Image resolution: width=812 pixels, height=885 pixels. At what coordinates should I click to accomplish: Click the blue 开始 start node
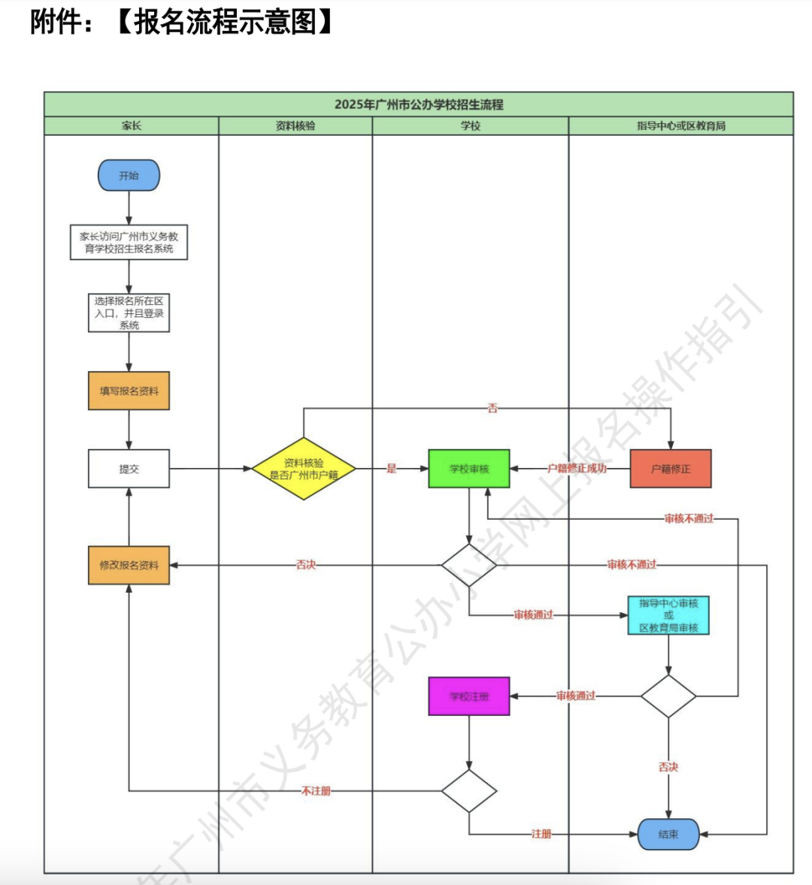pos(129,175)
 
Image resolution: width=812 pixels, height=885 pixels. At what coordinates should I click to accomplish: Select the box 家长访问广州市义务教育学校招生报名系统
pos(129,242)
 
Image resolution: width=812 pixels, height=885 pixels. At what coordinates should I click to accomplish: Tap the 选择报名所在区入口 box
pos(129,313)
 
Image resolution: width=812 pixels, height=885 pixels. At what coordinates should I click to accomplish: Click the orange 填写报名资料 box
pos(129,391)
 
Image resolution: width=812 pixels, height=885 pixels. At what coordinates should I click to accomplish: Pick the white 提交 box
pos(129,469)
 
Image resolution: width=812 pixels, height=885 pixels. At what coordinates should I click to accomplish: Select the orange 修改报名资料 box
pos(129,565)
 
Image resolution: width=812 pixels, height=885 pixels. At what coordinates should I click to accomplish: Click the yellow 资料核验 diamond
pos(304,469)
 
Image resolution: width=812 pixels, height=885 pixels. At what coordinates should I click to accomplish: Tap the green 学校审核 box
pos(469,469)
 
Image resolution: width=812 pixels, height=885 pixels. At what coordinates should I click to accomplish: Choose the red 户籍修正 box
pos(670,469)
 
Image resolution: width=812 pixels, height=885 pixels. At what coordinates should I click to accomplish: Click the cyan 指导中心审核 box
pos(668,615)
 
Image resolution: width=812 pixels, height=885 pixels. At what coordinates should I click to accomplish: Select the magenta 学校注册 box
pos(469,696)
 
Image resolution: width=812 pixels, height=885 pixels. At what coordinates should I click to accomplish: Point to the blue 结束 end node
pos(668,834)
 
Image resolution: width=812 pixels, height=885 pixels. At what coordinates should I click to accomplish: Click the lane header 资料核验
pos(295,125)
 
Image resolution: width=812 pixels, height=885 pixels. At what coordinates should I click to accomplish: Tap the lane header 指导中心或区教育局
pos(681,125)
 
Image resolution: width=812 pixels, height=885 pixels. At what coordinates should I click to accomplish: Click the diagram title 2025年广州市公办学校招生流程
pos(419,104)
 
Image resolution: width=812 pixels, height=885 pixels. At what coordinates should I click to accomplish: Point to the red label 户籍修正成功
pos(577,469)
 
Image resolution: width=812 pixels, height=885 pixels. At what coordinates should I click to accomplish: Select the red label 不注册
pos(316,791)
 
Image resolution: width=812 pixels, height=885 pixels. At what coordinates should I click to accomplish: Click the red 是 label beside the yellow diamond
pos(391,469)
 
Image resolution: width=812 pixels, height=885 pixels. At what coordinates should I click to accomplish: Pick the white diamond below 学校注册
pos(469,791)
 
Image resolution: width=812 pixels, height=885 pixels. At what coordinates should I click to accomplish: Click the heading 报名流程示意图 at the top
pos(226,22)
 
